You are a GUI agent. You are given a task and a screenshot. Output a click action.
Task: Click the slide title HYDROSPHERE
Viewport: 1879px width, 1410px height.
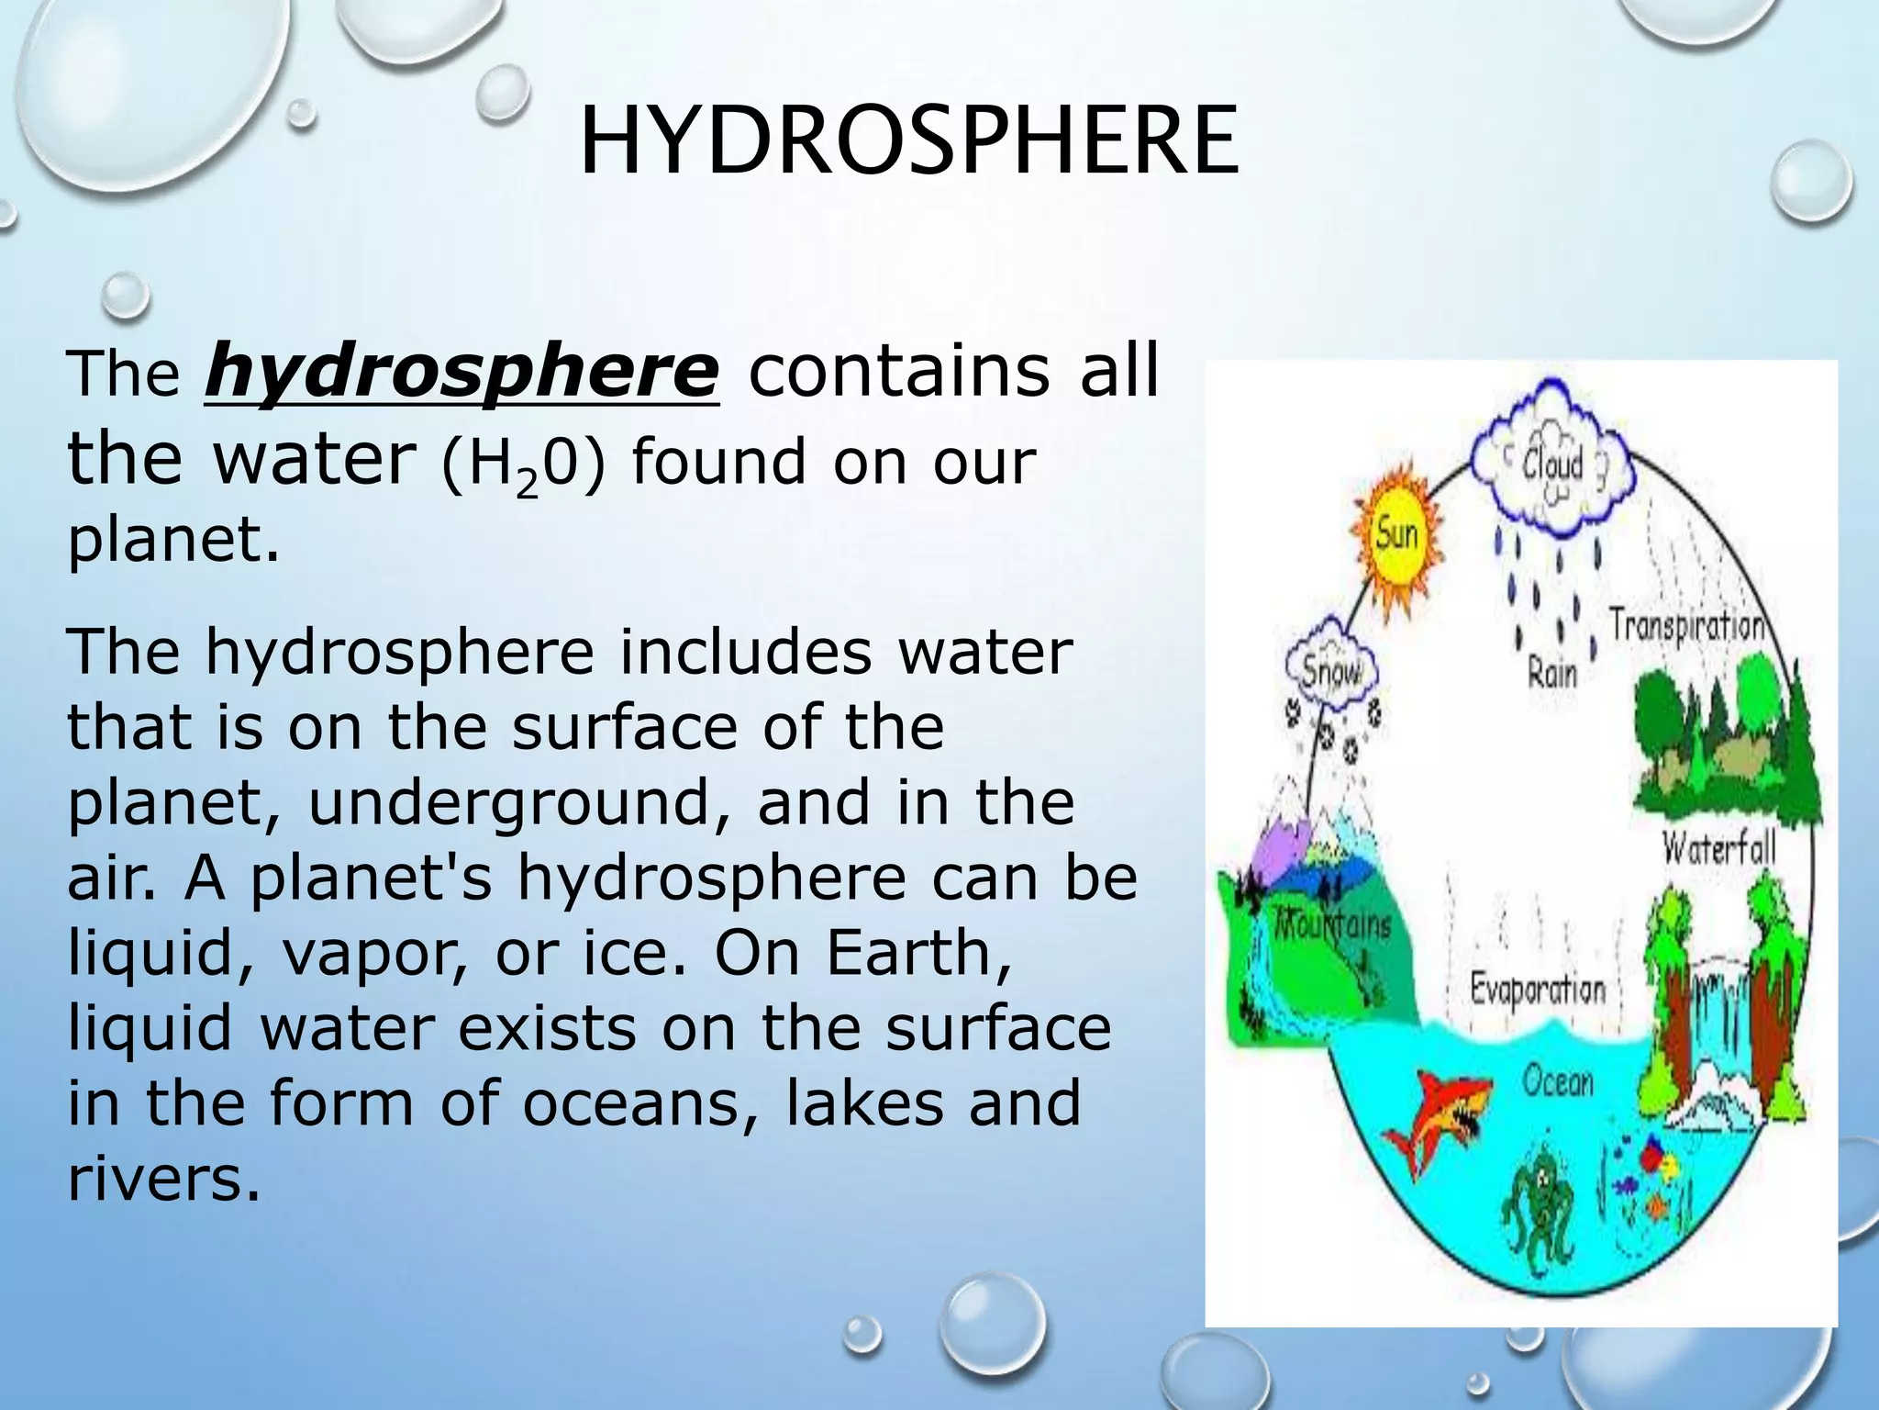[908, 142]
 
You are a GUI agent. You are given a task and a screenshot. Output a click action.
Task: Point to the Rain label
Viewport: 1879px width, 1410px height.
[1551, 675]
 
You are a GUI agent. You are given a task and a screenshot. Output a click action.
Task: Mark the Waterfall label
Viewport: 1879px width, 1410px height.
[1719, 847]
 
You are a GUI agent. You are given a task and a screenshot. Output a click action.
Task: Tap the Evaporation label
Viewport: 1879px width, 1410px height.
[1538, 990]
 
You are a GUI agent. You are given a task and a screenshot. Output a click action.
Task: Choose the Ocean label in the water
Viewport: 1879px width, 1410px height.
[1558, 1081]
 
